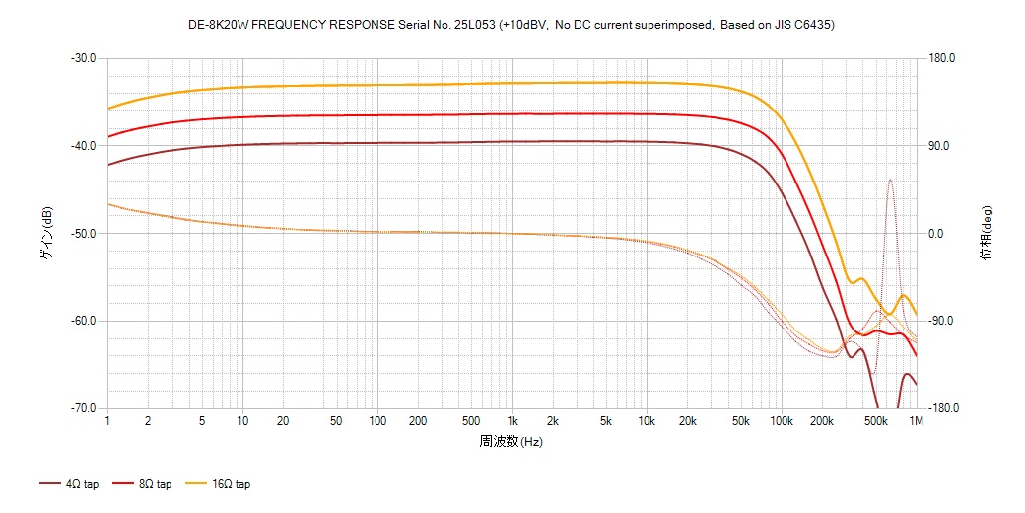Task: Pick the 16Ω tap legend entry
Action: (221, 484)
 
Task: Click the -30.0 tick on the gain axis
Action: (84, 58)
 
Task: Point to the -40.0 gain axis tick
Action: (84, 146)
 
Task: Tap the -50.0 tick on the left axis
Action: (84, 234)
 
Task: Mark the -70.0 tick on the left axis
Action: (84, 408)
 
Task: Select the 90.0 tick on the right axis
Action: (936, 146)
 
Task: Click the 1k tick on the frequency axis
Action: (512, 421)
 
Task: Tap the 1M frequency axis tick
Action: (916, 421)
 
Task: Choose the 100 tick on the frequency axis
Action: (377, 421)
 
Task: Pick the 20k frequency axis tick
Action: (687, 421)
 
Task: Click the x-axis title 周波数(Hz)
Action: (512, 441)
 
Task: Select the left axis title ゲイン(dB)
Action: (46, 233)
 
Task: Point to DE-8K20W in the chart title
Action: (215, 25)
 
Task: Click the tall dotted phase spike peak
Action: (890, 180)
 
